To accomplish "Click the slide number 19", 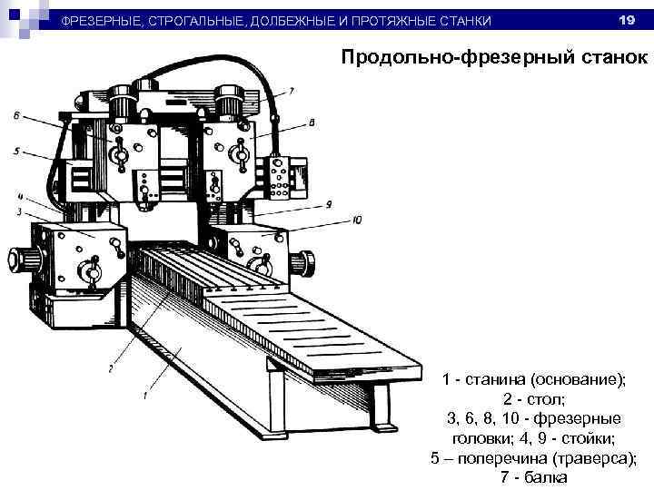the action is click(x=625, y=20).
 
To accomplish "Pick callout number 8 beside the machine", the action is click(x=312, y=121).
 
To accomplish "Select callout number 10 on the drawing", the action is click(x=359, y=220).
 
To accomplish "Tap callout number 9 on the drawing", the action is click(x=328, y=203).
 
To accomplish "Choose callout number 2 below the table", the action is click(x=110, y=368).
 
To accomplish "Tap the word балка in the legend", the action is click(x=543, y=478).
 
